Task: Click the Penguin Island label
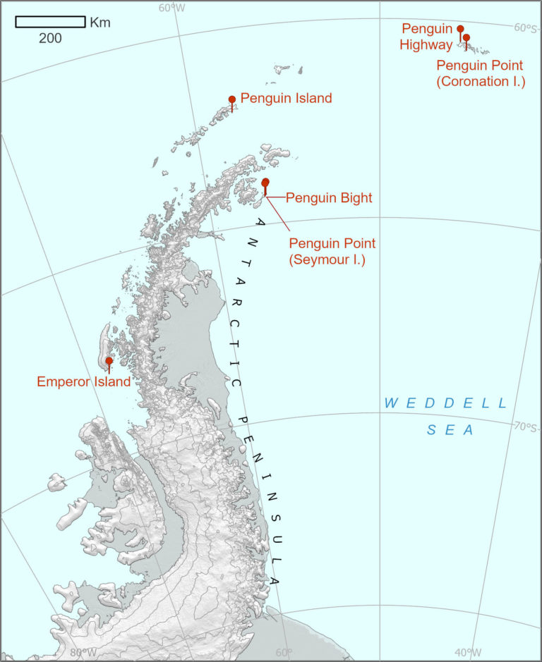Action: tap(286, 98)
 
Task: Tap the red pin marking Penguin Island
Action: tap(232, 100)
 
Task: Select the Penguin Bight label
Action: tap(328, 198)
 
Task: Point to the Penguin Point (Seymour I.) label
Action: tap(332, 251)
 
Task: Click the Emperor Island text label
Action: tap(83, 382)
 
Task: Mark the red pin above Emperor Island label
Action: tap(109, 361)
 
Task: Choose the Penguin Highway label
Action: tap(427, 37)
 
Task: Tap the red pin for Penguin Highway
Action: tap(460, 30)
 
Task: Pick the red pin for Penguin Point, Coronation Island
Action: tap(466, 38)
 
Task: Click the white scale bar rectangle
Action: tap(50, 22)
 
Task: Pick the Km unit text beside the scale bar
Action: tap(100, 23)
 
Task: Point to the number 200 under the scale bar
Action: tap(50, 38)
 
